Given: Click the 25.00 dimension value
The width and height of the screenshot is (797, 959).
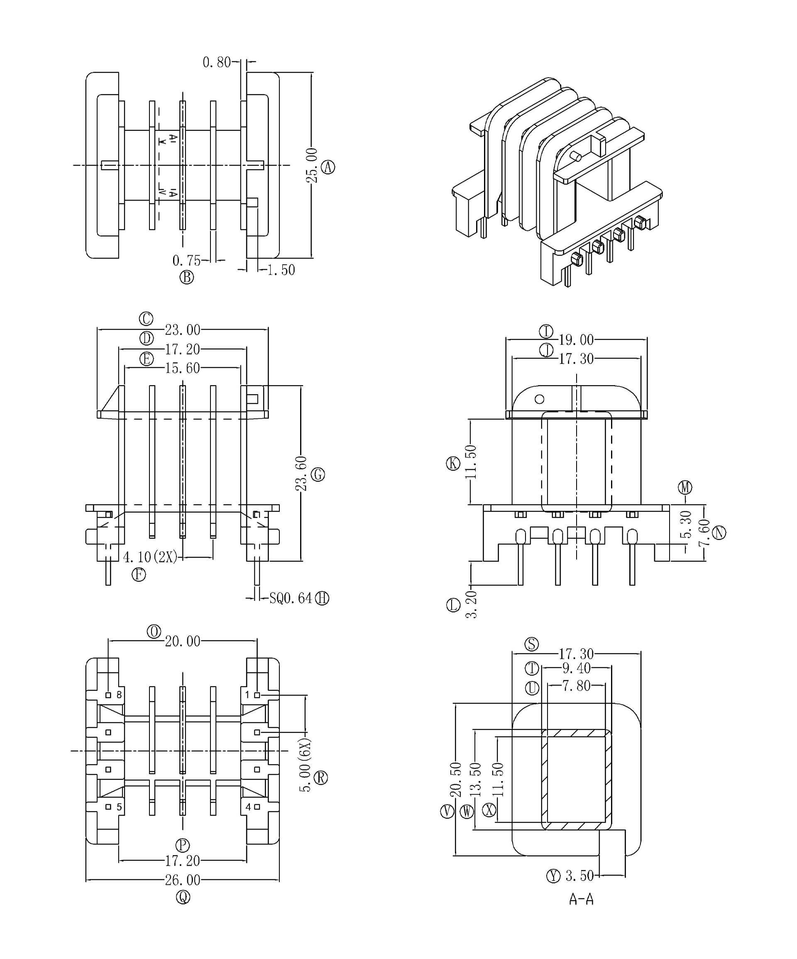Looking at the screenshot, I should pos(311,165).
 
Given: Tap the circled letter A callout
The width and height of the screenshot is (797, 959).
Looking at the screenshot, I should pos(328,167).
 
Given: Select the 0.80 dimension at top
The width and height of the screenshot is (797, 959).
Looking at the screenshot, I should pos(217,62).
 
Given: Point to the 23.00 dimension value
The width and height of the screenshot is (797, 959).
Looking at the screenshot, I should pos(182,330).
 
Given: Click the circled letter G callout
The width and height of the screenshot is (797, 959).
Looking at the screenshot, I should pos(318,475).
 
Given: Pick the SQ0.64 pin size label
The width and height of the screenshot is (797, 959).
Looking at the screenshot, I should pos(291,598).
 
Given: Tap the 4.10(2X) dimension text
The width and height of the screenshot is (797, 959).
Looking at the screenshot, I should pos(150,557).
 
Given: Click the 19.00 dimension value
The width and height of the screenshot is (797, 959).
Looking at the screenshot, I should pos(577,340).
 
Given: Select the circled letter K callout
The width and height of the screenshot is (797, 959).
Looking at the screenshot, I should pos(453,464).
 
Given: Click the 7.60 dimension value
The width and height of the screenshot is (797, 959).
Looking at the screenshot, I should pos(704,533).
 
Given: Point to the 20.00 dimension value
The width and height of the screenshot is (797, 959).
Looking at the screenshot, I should pos(182,642).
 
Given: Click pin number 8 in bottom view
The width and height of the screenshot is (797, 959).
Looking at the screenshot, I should pos(119,695).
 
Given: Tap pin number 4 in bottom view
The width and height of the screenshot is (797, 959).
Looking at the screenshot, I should pos(248,807).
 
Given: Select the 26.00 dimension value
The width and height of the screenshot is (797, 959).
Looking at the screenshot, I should pos(182,880).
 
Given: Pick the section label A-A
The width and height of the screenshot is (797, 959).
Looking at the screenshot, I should pos(581,899).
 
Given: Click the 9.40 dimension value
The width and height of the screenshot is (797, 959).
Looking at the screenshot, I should pos(577,669).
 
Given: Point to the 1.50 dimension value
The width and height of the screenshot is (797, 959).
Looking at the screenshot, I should pos(281,270).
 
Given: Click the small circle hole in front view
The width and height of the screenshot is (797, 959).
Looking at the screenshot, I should pos(539,399).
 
